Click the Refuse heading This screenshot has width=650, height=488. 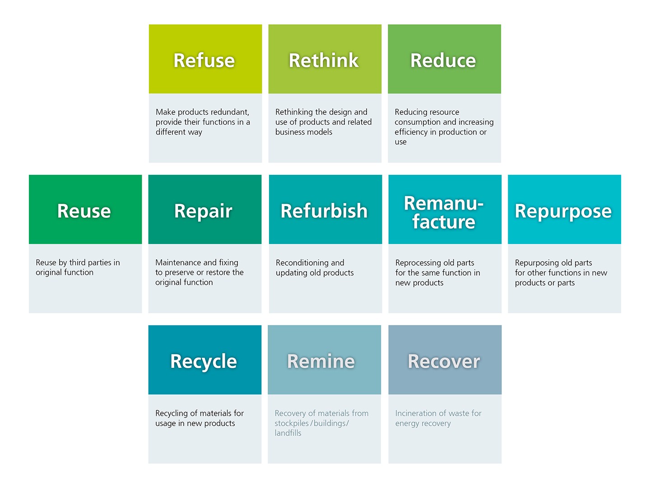(204, 61)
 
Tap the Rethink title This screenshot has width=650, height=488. (324, 61)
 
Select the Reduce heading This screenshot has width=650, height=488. (443, 61)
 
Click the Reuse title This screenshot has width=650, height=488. (84, 211)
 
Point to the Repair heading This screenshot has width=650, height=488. (203, 211)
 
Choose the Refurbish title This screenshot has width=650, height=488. (324, 211)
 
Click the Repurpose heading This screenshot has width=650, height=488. (563, 211)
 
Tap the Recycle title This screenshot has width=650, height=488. (204, 362)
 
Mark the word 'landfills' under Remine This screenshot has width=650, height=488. (288, 433)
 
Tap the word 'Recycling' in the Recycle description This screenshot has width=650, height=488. (172, 413)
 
